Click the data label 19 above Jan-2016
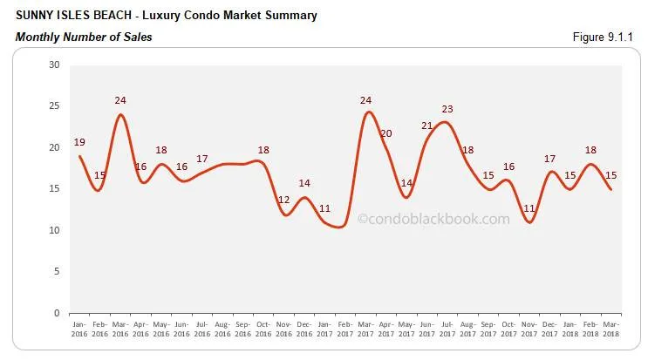pos(78,142)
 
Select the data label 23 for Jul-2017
pos(448,109)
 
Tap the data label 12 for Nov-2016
pos(284,200)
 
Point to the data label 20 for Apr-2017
pos(386,133)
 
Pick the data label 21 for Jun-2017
pos(427,126)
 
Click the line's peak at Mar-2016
pos(120,115)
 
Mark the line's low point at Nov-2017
pos(529,222)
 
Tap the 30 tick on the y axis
pos(54,65)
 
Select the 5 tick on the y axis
pos(57,272)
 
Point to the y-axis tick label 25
pos(54,106)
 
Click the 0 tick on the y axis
pos(57,313)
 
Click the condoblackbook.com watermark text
pos(433,220)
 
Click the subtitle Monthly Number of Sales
pos(84,37)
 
